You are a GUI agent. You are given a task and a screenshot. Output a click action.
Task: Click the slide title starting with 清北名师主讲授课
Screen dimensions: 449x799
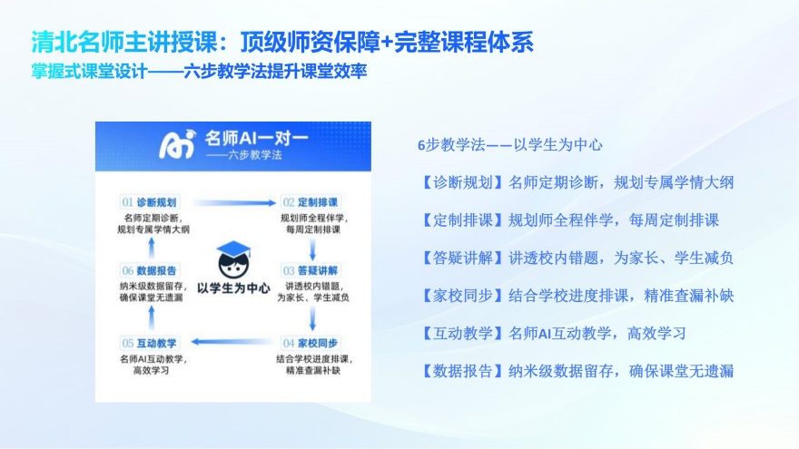tap(281, 42)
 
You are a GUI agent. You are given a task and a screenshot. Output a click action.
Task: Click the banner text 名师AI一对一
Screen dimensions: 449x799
tap(256, 139)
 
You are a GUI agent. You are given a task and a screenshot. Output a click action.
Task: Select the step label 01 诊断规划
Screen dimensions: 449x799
tap(151, 201)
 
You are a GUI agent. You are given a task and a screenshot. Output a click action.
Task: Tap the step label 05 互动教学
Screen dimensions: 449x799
tap(151, 342)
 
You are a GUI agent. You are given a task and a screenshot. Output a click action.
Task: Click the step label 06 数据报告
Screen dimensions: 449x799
tap(151, 270)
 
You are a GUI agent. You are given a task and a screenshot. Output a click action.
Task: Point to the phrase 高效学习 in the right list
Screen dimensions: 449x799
tap(656, 333)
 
